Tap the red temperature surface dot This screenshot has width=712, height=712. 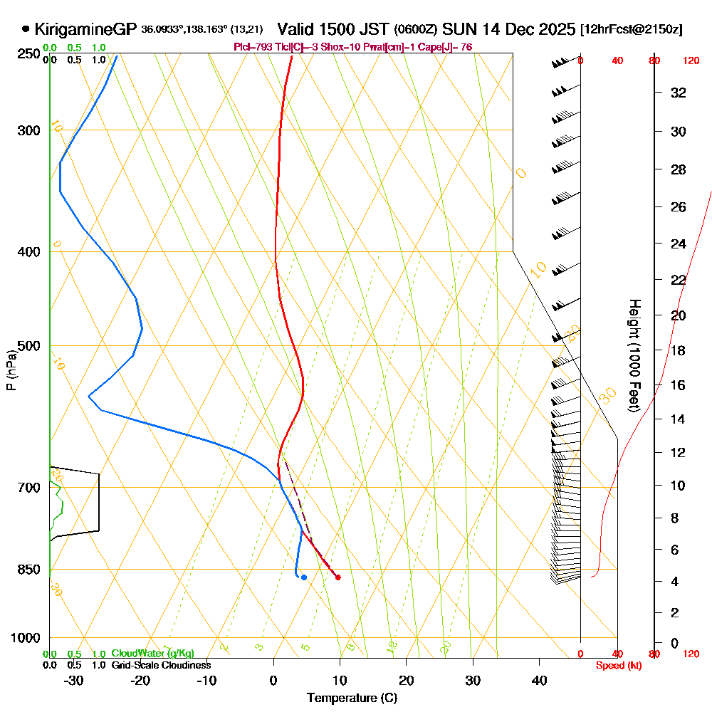tap(337, 577)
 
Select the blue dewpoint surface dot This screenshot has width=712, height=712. tap(304, 577)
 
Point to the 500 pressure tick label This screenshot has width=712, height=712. tap(27, 346)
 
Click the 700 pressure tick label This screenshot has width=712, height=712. tap(27, 488)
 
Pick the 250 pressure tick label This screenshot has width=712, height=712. tap(27, 54)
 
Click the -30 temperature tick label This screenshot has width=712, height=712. tap(74, 681)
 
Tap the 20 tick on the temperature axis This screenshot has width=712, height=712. tap(407, 681)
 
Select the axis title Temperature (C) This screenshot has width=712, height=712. tap(352, 698)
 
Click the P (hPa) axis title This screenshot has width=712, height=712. tap(11, 370)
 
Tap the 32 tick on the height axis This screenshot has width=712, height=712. tap(679, 93)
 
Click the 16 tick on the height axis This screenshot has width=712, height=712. tap(679, 385)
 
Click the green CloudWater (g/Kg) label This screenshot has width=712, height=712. tap(152, 654)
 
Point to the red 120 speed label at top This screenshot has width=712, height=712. tap(691, 61)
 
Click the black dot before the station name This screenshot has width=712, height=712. tap(26, 29)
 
